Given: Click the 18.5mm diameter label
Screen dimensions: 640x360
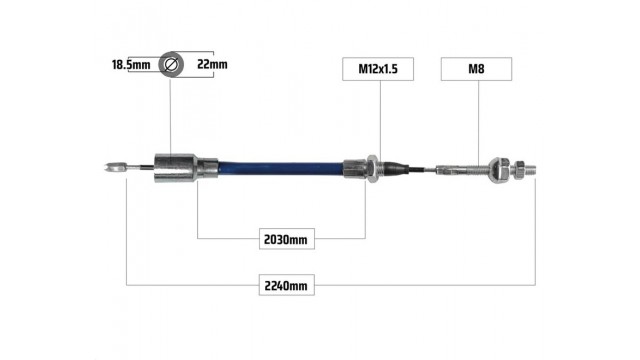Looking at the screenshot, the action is point(131,64).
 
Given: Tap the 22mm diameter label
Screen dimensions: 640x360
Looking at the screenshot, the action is point(212,64).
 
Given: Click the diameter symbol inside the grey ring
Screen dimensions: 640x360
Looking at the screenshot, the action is point(171,64).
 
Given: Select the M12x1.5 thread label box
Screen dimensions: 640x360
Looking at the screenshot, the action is point(378,69).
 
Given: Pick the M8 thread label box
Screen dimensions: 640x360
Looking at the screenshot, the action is point(476,69).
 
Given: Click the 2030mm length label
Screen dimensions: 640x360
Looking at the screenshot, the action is point(287,239).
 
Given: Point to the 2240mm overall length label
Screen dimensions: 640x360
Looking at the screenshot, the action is point(287,285).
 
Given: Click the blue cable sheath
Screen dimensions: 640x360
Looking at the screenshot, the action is point(281,168).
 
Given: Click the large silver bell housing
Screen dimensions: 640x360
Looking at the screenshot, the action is point(176,168).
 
